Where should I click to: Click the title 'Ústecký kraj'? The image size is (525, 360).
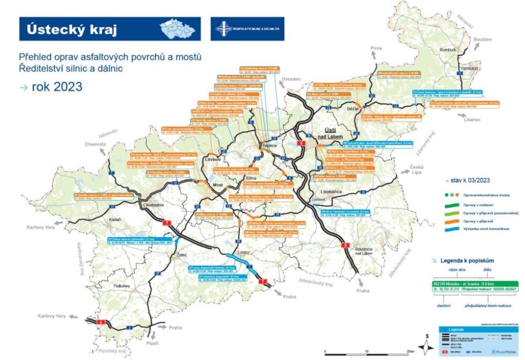point(68,29)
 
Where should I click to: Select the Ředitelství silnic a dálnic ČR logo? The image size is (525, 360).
point(247,29)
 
